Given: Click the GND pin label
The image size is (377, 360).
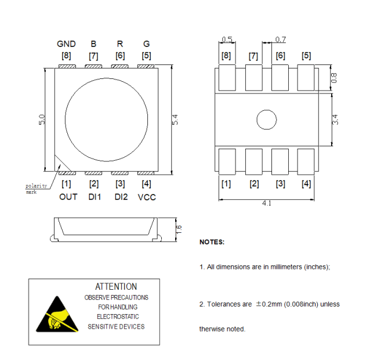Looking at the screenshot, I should point(66,44).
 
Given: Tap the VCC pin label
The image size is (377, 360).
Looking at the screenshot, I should point(147,197).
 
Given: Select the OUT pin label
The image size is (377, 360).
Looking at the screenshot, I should point(68,197).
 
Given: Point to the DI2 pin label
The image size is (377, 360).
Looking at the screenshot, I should point(121,197).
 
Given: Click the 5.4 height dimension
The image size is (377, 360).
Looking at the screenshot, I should point(175,120).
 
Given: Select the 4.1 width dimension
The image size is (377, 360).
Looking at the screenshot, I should point(267,203).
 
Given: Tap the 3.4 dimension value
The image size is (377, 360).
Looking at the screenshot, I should point(335,120).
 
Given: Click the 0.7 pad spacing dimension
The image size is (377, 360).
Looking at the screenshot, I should point(280,39).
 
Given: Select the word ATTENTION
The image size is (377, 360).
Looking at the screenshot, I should point(116,286).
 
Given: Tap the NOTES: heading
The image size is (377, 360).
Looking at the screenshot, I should point(212,242).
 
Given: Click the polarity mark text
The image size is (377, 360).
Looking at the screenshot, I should point(35,189).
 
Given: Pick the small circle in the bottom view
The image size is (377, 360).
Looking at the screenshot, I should point(267,120).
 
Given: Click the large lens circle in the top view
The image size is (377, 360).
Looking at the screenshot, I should point(106,120).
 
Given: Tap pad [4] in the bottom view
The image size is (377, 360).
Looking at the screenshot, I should point(306,163).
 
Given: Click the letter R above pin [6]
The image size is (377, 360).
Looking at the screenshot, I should point(119,44).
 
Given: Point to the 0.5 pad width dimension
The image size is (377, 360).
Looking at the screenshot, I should point(227,39).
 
